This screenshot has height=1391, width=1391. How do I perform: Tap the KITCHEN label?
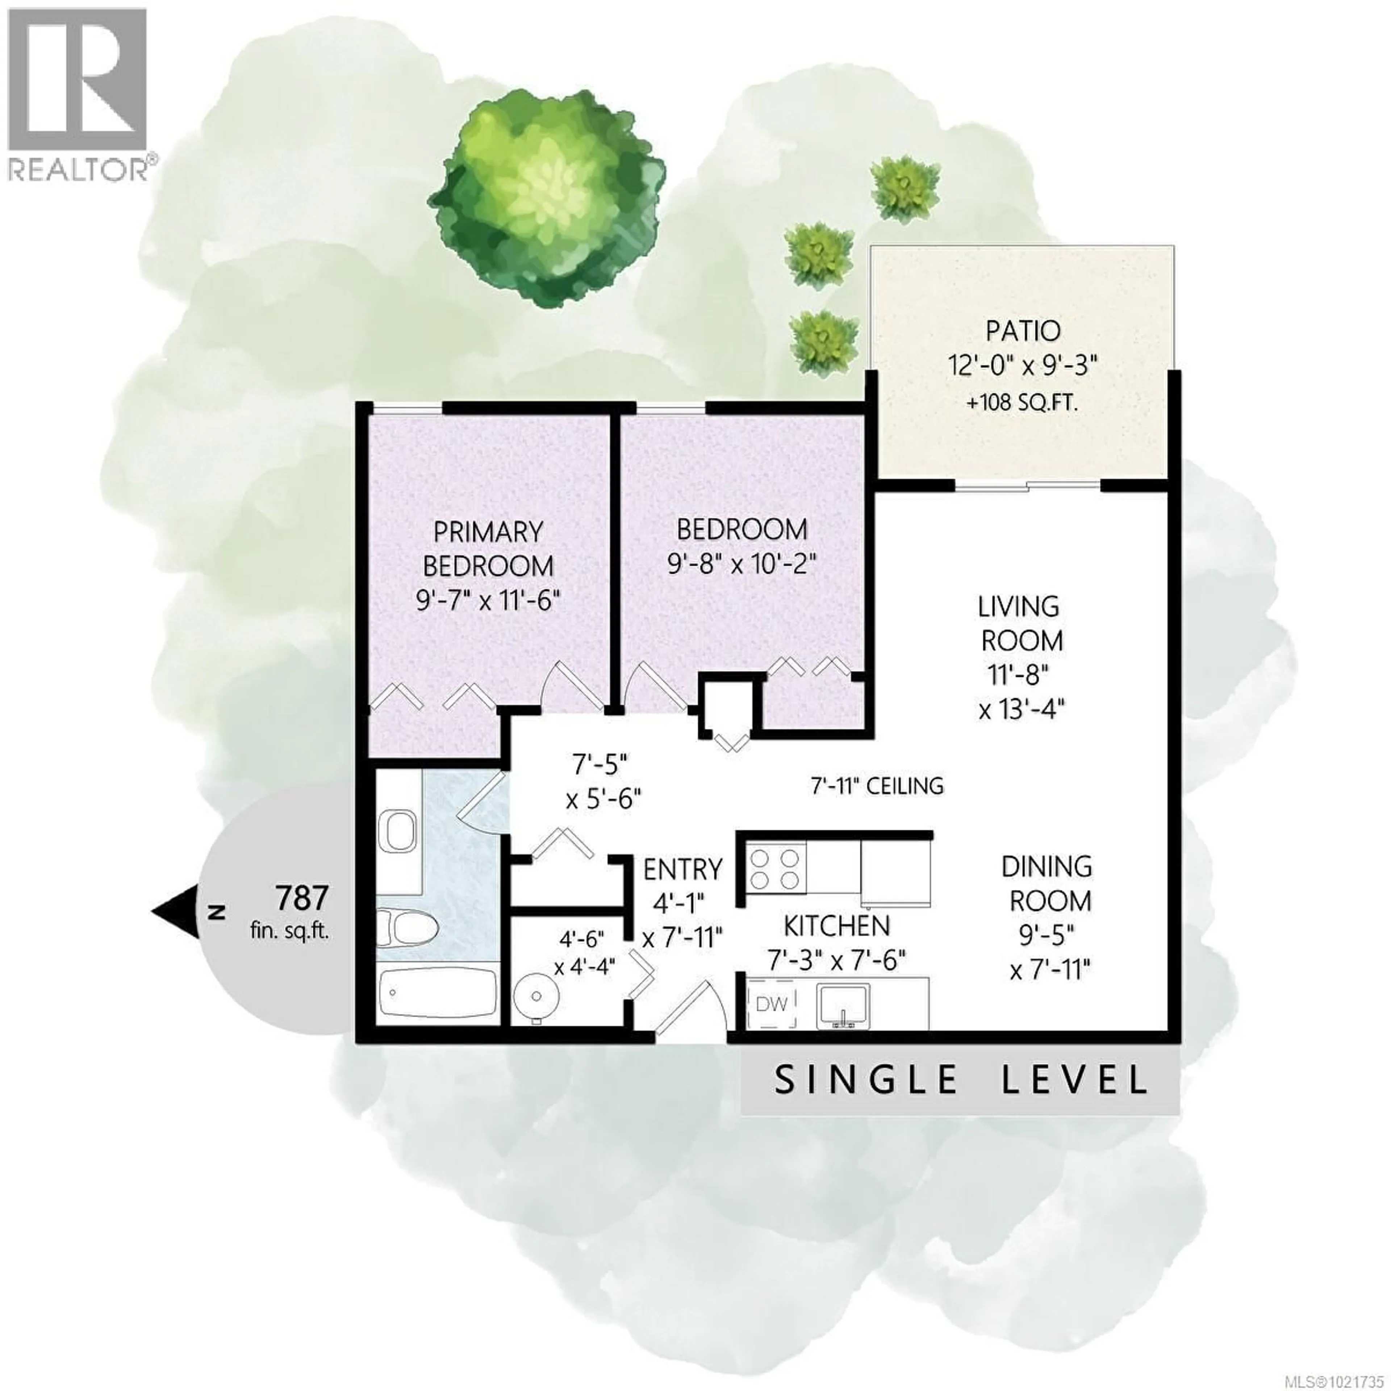pos(837,925)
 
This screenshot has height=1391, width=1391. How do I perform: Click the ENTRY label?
pos(682,870)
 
